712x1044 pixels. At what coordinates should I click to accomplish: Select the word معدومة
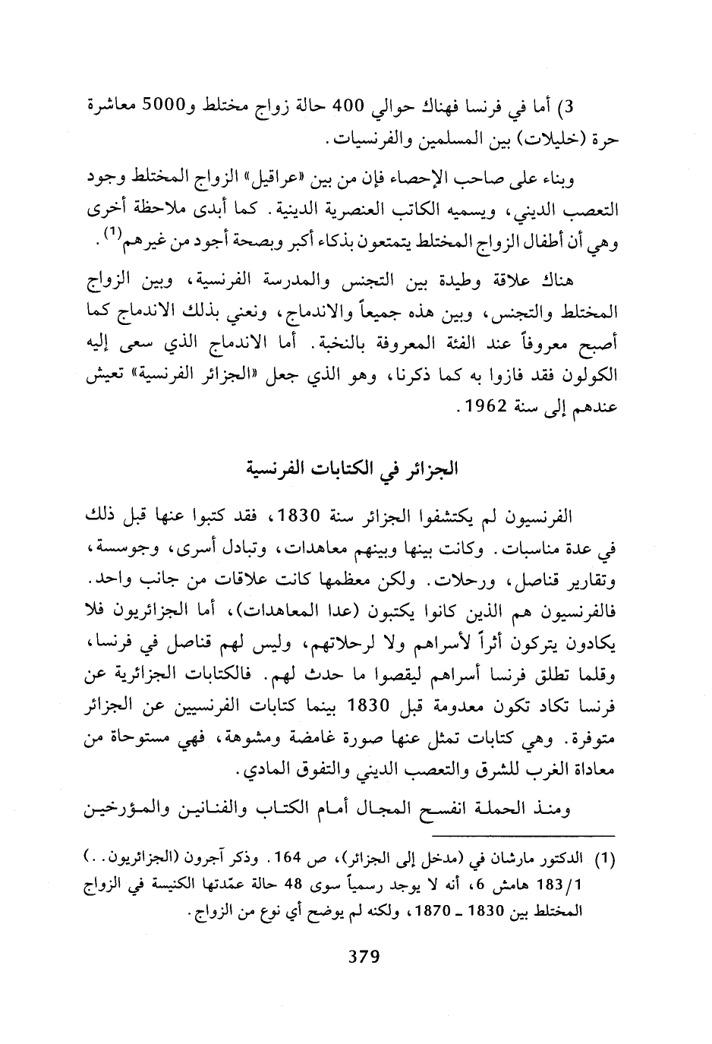[454, 704]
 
